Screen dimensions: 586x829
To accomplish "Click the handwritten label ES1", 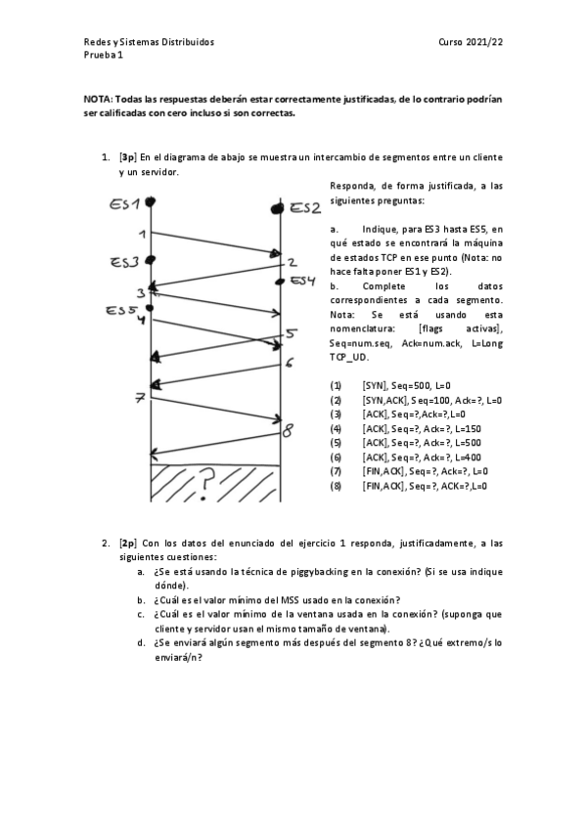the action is click(x=126, y=204).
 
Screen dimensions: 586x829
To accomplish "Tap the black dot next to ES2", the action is click(x=279, y=208).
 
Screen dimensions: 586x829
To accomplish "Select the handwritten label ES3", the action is click(x=124, y=262).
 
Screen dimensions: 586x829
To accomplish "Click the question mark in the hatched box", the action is click(x=206, y=480).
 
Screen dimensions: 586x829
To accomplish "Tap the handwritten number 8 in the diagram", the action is click(x=287, y=429).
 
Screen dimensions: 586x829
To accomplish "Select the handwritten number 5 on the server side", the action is click(x=291, y=334).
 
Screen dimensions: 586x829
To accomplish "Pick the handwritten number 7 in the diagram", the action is click(x=141, y=398).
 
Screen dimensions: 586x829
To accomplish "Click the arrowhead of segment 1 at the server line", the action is click(x=276, y=253).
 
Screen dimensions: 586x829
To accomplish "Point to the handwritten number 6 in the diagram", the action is click(x=290, y=364).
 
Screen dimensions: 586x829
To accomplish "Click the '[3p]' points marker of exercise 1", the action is click(x=127, y=157).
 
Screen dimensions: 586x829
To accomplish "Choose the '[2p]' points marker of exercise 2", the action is click(x=127, y=542).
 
